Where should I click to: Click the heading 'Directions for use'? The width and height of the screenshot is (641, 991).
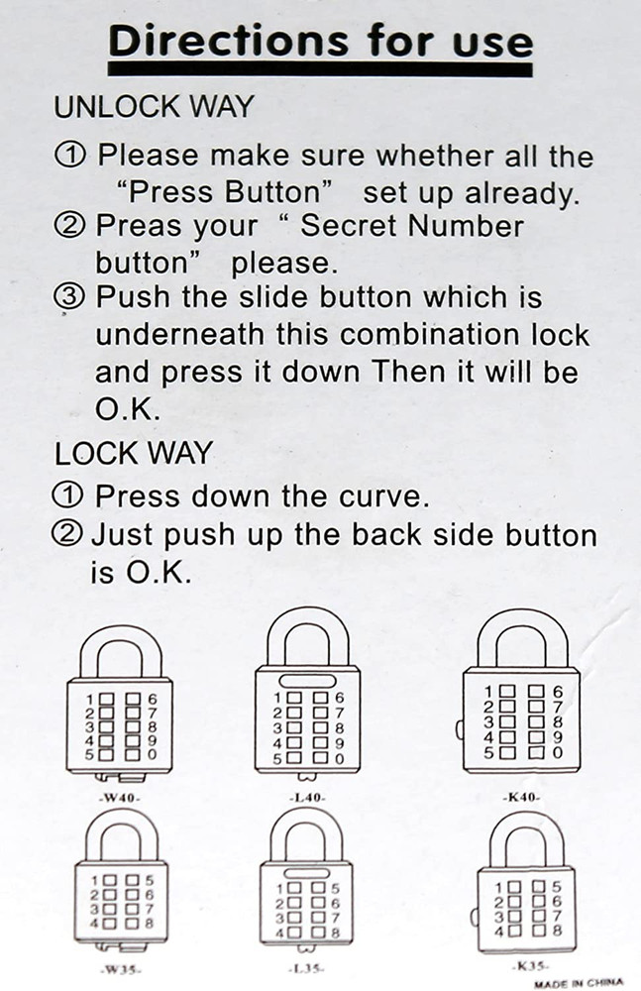tap(320, 41)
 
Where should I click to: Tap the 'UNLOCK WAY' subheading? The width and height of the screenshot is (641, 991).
tap(154, 107)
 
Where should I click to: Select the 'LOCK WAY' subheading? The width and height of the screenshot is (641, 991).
tap(133, 453)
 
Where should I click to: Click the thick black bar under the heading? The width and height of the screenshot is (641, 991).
tap(320, 69)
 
